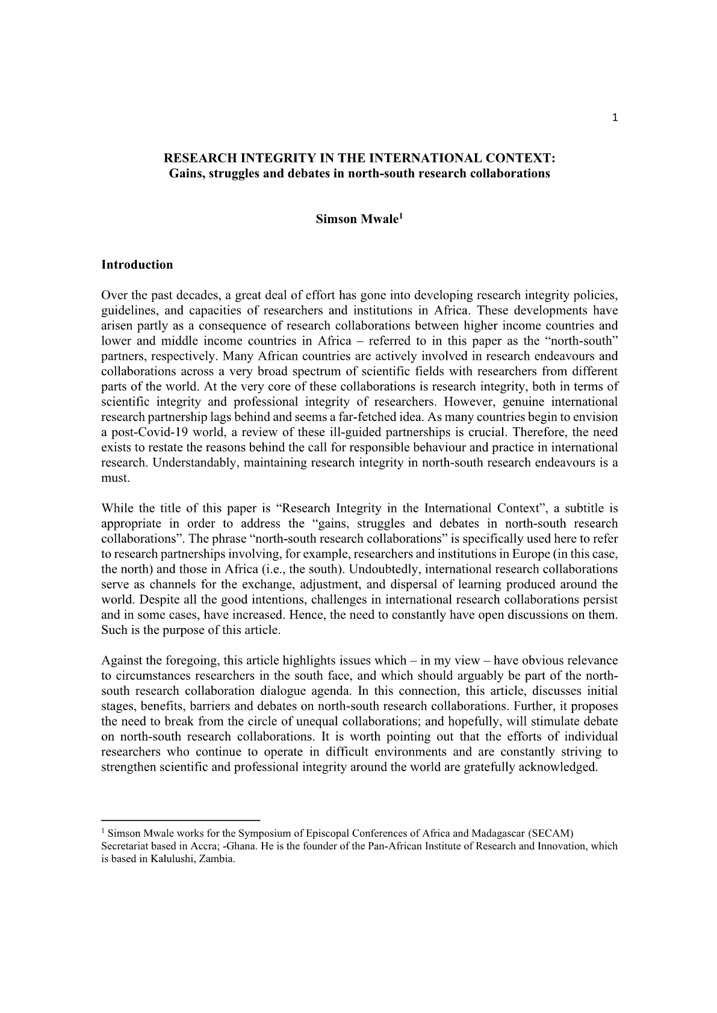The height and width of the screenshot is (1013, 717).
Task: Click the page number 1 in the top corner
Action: [x=615, y=118]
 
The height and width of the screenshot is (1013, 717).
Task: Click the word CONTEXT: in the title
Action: [x=523, y=159]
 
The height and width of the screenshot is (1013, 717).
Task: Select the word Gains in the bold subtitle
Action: [x=184, y=174]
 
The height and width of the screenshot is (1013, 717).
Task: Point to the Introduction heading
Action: [x=137, y=265]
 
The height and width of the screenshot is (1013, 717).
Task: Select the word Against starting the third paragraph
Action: [x=123, y=661]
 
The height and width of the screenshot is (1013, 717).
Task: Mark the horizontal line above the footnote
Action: [x=181, y=820]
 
